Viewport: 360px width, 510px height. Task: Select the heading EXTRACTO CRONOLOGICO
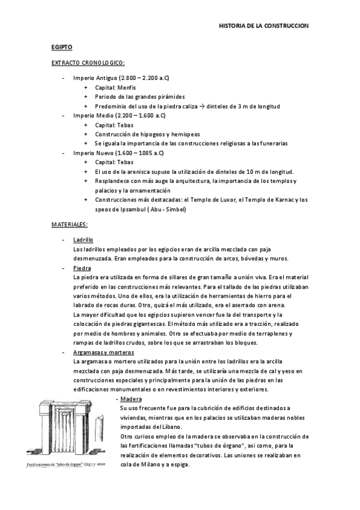88,63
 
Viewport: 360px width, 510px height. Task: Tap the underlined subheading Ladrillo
82,239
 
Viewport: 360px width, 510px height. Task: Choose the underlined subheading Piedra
81,268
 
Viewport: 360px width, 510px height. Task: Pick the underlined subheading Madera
130,399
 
